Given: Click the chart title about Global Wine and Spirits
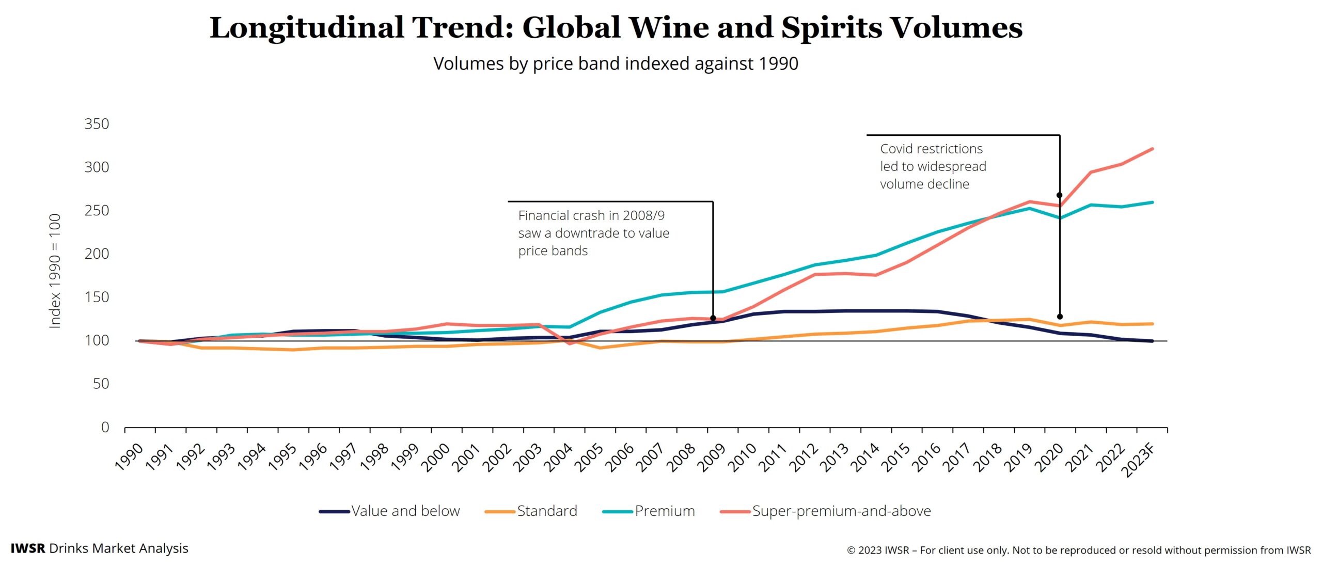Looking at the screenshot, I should (x=616, y=28).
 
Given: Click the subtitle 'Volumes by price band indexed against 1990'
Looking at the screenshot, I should (x=616, y=64).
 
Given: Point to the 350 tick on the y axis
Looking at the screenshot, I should (x=97, y=124).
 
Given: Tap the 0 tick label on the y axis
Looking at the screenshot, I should (x=105, y=427).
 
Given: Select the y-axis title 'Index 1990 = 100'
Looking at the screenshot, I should (x=55, y=271).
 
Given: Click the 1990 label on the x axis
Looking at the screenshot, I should (x=129, y=457).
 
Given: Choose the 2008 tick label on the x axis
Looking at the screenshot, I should (x=682, y=458).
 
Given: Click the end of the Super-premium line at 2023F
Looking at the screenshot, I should (x=1152, y=149).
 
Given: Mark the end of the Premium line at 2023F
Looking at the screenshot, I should (x=1152, y=202).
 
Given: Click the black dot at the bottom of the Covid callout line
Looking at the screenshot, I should (x=1060, y=317).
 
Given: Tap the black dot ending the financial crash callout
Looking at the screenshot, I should (x=713, y=318).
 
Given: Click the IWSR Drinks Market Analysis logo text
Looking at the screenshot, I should (x=99, y=548).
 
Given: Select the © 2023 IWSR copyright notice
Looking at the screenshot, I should (x=1078, y=551).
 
